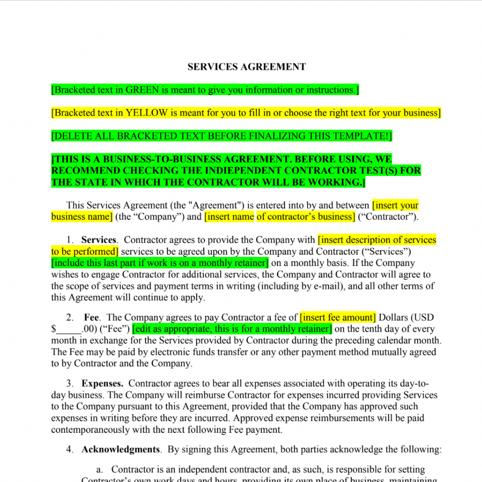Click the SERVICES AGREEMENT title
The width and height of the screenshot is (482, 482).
[x=246, y=67]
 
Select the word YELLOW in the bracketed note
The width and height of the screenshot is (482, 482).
[x=147, y=113]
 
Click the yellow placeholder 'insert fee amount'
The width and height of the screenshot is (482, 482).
[x=338, y=318]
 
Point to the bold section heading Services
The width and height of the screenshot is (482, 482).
[x=99, y=240]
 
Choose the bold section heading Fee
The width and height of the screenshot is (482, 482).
[x=91, y=318]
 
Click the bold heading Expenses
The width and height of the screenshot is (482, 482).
[x=102, y=384]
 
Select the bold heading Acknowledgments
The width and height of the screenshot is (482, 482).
[x=120, y=450]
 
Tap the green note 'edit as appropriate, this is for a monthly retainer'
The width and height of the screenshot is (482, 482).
[x=232, y=329]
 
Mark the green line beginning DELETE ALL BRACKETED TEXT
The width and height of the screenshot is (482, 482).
[x=221, y=136]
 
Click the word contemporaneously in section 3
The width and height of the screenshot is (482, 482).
[x=97, y=430]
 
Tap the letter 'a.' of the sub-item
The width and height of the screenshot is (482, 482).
[x=100, y=469]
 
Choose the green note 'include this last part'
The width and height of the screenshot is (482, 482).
[x=160, y=263]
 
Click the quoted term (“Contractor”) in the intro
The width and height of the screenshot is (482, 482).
[x=388, y=217]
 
